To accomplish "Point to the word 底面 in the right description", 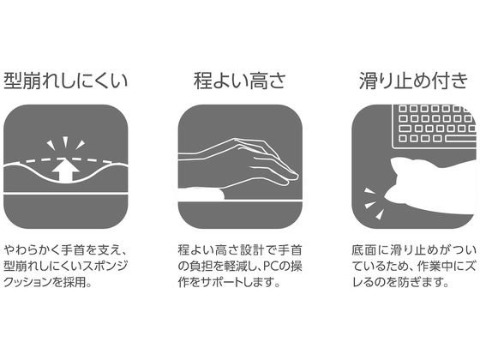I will [x=363, y=246].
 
